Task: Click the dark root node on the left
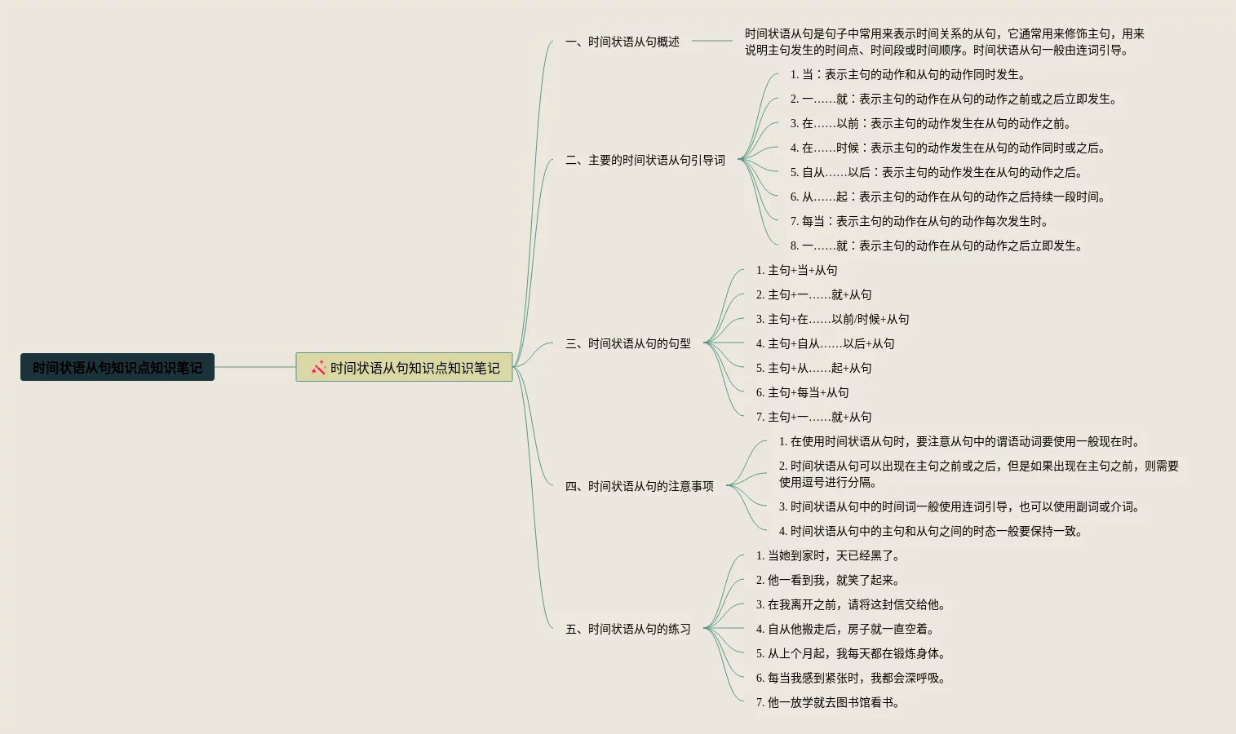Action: [117, 367]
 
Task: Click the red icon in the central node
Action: [318, 368]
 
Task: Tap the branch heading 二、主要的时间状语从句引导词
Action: [645, 160]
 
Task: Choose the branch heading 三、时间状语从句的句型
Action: [627, 343]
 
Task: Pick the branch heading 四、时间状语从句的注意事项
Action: [639, 486]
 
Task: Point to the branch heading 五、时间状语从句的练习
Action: [627, 629]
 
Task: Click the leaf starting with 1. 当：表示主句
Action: [907, 74]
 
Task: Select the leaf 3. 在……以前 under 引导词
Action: [930, 123]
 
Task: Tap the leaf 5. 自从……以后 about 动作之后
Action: [936, 172]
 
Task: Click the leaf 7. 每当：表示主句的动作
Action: [919, 221]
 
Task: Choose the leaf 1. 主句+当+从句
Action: [796, 270]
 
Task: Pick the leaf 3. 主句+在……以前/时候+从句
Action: [832, 319]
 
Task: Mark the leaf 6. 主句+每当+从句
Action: [802, 392]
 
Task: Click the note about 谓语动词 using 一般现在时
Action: [959, 441]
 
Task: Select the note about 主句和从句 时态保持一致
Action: [930, 531]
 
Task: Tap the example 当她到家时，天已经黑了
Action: [827, 555]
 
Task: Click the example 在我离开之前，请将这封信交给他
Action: [850, 604]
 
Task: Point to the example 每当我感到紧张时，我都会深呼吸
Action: [850, 678]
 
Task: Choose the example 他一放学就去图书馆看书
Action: [827, 702]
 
